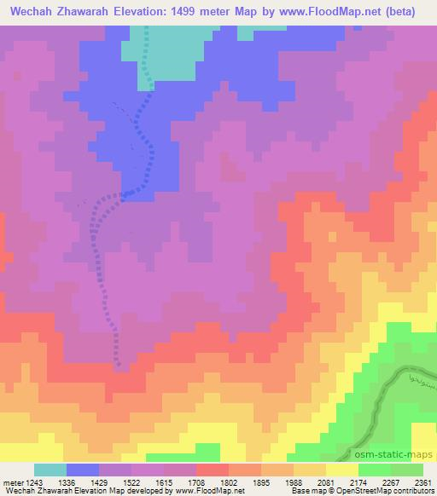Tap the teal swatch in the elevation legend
pos(50,470)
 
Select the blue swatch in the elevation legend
pos(82,470)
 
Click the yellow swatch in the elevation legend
pos(341,470)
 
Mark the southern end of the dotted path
pos(119,366)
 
